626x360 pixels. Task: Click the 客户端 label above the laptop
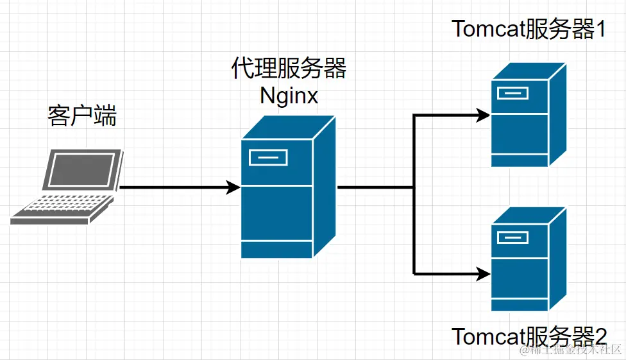pos(81,116)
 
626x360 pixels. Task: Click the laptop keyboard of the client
pos(61,207)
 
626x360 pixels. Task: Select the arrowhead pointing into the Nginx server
pos(233,187)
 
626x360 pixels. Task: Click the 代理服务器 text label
pos(289,69)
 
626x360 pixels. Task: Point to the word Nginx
pos(289,96)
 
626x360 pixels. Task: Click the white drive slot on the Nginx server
pos(268,157)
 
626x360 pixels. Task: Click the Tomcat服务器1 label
pos(529,29)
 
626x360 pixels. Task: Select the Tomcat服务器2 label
pos(529,336)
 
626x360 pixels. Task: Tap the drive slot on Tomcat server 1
pos(512,94)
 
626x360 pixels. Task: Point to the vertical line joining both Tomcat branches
pos(414,193)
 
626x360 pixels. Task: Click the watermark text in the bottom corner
pos(571,350)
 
